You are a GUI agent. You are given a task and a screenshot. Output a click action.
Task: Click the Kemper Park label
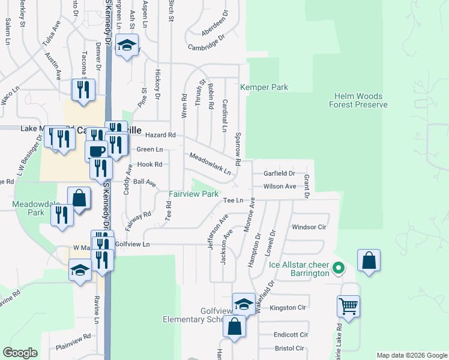(x=264, y=88)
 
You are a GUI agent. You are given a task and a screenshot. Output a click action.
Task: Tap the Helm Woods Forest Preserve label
(x=358, y=100)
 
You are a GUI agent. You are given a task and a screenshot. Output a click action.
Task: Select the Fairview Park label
(x=193, y=194)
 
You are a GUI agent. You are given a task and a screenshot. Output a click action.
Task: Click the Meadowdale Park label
(x=29, y=208)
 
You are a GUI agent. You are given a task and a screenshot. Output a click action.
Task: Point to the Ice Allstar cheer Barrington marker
(x=338, y=268)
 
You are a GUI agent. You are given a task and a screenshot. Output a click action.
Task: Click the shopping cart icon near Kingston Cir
(x=348, y=306)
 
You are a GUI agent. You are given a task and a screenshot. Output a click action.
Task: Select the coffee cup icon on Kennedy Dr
(x=96, y=150)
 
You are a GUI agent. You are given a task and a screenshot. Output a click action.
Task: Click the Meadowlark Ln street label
(x=210, y=164)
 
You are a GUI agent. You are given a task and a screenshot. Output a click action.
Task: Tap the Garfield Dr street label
(x=280, y=173)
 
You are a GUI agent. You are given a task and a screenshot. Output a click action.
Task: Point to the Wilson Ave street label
(x=280, y=187)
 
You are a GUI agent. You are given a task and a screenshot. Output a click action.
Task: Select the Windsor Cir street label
(x=309, y=227)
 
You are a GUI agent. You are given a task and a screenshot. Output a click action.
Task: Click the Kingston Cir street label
(x=288, y=307)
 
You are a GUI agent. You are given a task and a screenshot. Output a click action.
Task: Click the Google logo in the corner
(x=20, y=353)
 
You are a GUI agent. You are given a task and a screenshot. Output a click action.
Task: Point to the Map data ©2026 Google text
(x=411, y=355)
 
